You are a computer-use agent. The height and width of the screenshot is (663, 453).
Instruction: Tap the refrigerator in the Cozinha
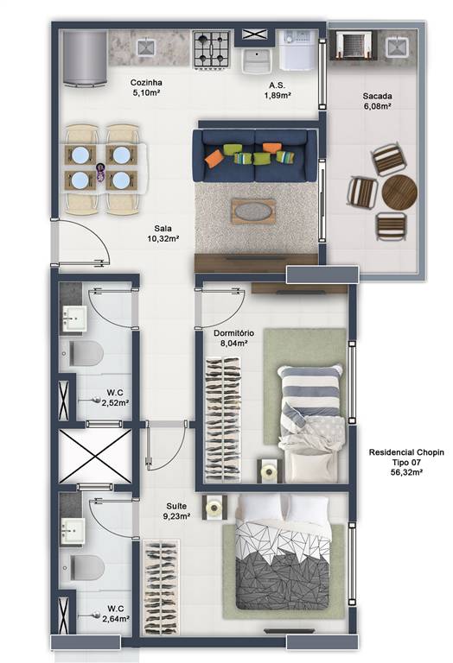tap(85, 58)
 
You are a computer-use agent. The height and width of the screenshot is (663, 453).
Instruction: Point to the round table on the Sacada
tap(399, 192)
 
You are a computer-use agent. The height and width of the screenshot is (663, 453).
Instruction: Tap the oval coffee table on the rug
tap(253, 210)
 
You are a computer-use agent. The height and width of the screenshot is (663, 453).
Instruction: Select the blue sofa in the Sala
tap(254, 155)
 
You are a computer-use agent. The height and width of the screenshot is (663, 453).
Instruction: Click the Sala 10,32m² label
tap(162, 233)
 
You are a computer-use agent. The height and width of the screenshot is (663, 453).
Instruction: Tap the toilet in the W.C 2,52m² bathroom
tap(84, 352)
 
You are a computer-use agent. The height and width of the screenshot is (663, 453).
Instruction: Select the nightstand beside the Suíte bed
tap(212, 507)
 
